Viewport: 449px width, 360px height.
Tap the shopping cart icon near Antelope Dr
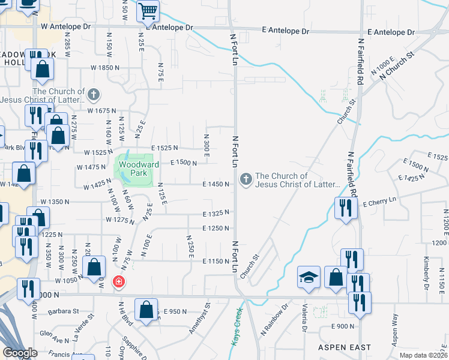pyautogui.click(x=148, y=11)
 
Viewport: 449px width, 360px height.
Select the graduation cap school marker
pyautogui.click(x=309, y=277)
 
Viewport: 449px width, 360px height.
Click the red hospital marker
pyautogui.click(x=119, y=281)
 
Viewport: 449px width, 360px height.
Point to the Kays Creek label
pyautogui.click(x=237, y=326)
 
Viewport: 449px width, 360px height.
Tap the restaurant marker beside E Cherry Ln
pyautogui.click(x=345, y=208)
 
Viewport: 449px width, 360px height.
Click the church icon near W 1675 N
pyautogui.click(x=93, y=94)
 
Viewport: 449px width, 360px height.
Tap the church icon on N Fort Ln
pyautogui.click(x=246, y=179)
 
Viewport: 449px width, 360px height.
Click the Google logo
pyautogui.click(x=20, y=353)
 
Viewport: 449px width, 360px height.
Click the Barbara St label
pyautogui.click(x=65, y=311)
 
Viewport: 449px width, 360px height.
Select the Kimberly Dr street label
pyautogui.click(x=425, y=271)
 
